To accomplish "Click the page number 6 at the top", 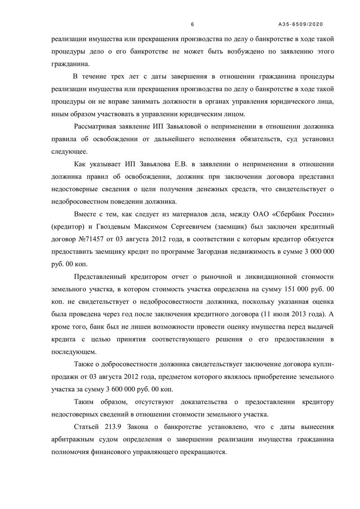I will pos(192,24).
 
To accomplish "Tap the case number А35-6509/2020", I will pos(301,24).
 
